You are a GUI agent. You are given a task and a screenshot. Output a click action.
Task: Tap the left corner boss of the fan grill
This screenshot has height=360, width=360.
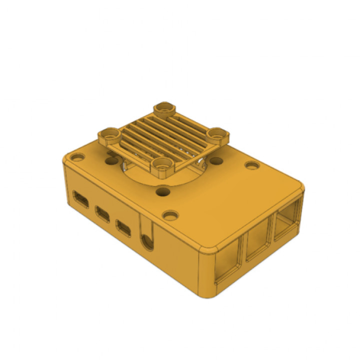(x=108, y=134)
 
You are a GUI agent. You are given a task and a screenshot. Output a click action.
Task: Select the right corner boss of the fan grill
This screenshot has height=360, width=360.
(x=217, y=134)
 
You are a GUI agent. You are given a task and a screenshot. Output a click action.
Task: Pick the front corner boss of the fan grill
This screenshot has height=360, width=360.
(x=162, y=165)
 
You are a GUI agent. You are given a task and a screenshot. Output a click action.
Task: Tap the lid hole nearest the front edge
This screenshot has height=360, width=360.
(x=170, y=215)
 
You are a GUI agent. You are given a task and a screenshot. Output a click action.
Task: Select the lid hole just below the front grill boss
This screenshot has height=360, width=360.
(x=162, y=191)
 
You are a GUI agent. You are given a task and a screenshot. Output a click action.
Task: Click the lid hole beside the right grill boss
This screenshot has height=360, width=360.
(x=216, y=161)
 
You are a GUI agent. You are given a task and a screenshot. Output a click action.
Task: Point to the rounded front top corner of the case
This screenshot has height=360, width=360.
(x=207, y=248)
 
